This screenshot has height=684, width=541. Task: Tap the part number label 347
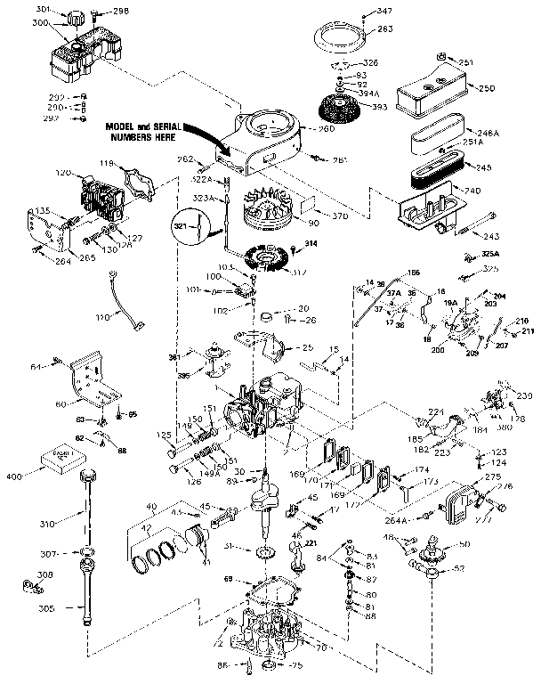point(384,11)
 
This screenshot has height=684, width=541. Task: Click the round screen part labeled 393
point(349,117)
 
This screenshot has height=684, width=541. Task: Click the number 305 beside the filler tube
point(47,609)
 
